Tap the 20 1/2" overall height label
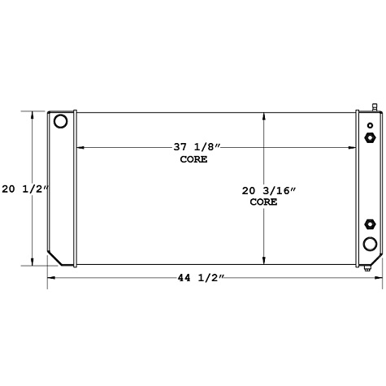(25, 189)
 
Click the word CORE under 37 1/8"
(193, 159)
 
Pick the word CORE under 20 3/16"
(263, 202)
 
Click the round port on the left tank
(60, 122)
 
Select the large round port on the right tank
(370, 244)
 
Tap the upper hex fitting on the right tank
(371, 137)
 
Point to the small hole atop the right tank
(370, 124)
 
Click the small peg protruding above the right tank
(375, 106)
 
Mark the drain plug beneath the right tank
(367, 269)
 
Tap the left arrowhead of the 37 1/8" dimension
(79, 147)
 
